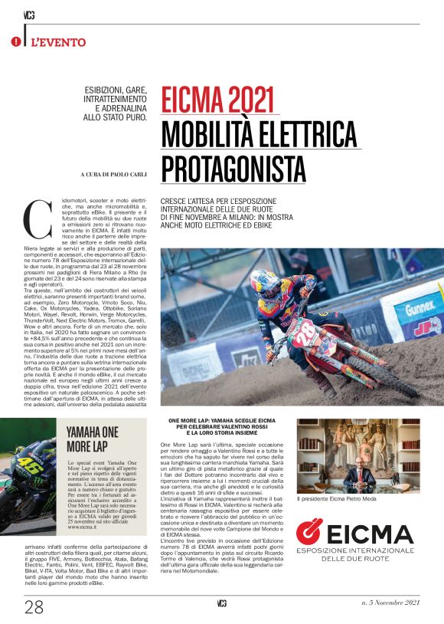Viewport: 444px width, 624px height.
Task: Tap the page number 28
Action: click(x=33, y=607)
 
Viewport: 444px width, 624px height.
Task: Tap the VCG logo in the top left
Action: click(x=29, y=15)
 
